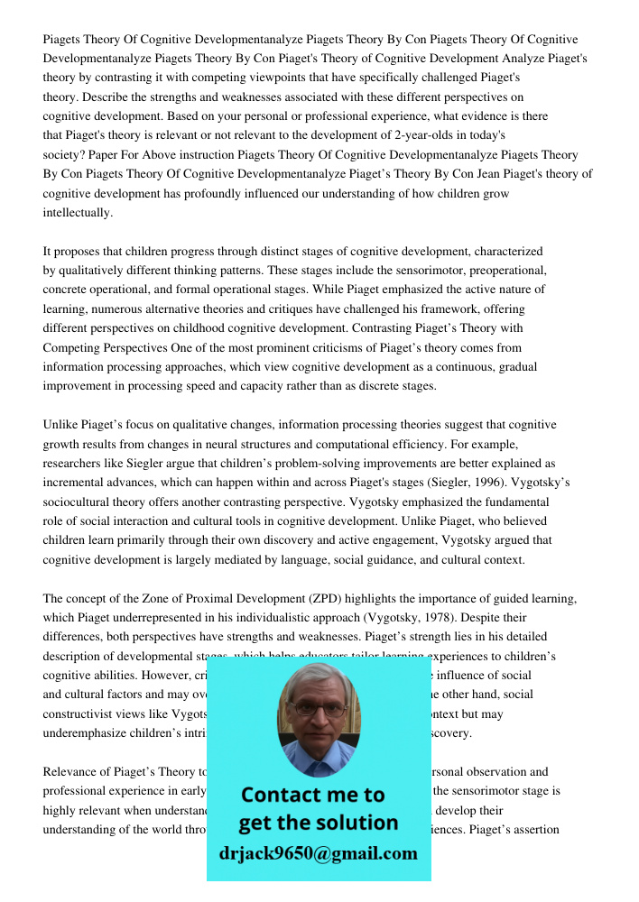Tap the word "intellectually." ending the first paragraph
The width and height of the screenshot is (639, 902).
point(79,213)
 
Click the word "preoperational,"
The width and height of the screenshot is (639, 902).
point(509,271)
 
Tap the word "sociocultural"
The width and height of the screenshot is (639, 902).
point(79,502)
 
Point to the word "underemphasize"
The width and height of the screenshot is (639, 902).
point(88,732)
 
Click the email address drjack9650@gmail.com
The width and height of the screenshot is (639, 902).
point(319,853)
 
